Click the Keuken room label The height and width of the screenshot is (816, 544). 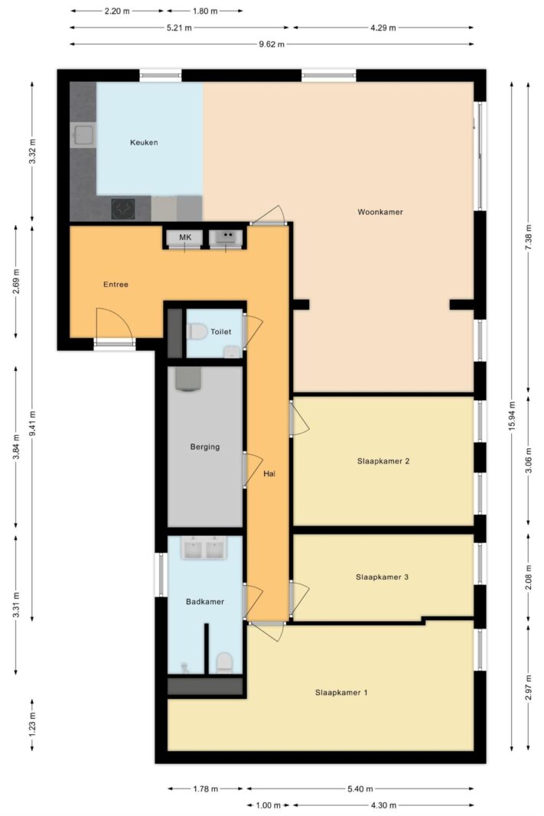(x=144, y=142)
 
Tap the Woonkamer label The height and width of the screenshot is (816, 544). (x=379, y=212)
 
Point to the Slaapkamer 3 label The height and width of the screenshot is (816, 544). (x=382, y=577)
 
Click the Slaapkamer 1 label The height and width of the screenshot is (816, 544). (x=342, y=693)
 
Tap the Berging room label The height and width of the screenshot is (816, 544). (x=205, y=447)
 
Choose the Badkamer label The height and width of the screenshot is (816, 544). (x=205, y=602)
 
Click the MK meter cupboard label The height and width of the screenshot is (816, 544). (x=185, y=239)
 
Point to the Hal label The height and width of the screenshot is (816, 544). (x=269, y=474)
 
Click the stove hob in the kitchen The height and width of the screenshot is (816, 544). (x=123, y=208)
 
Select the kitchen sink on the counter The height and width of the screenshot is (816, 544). (x=83, y=137)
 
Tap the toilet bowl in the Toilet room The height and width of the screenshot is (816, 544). (x=197, y=332)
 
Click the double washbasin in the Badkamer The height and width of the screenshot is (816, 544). (x=204, y=548)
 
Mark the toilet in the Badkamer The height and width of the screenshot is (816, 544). (x=224, y=662)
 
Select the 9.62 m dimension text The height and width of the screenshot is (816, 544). (x=272, y=44)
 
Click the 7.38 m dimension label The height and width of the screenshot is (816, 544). (x=528, y=239)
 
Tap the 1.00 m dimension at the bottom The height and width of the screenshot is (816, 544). (x=269, y=805)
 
